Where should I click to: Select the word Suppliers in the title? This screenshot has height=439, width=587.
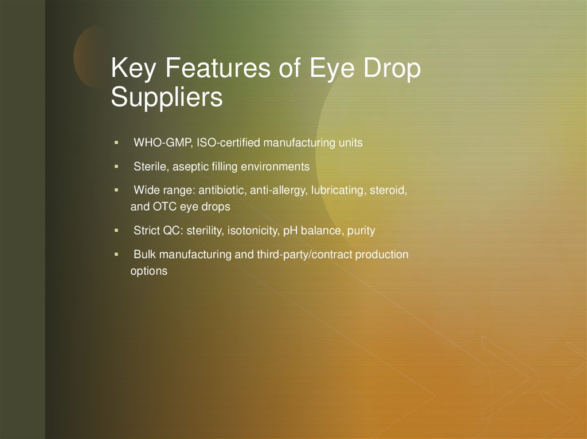166,97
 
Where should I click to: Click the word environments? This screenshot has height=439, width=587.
275,167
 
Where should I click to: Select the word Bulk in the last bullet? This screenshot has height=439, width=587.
144,255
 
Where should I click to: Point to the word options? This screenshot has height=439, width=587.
149,271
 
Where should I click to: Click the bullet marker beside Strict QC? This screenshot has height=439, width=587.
116,230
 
